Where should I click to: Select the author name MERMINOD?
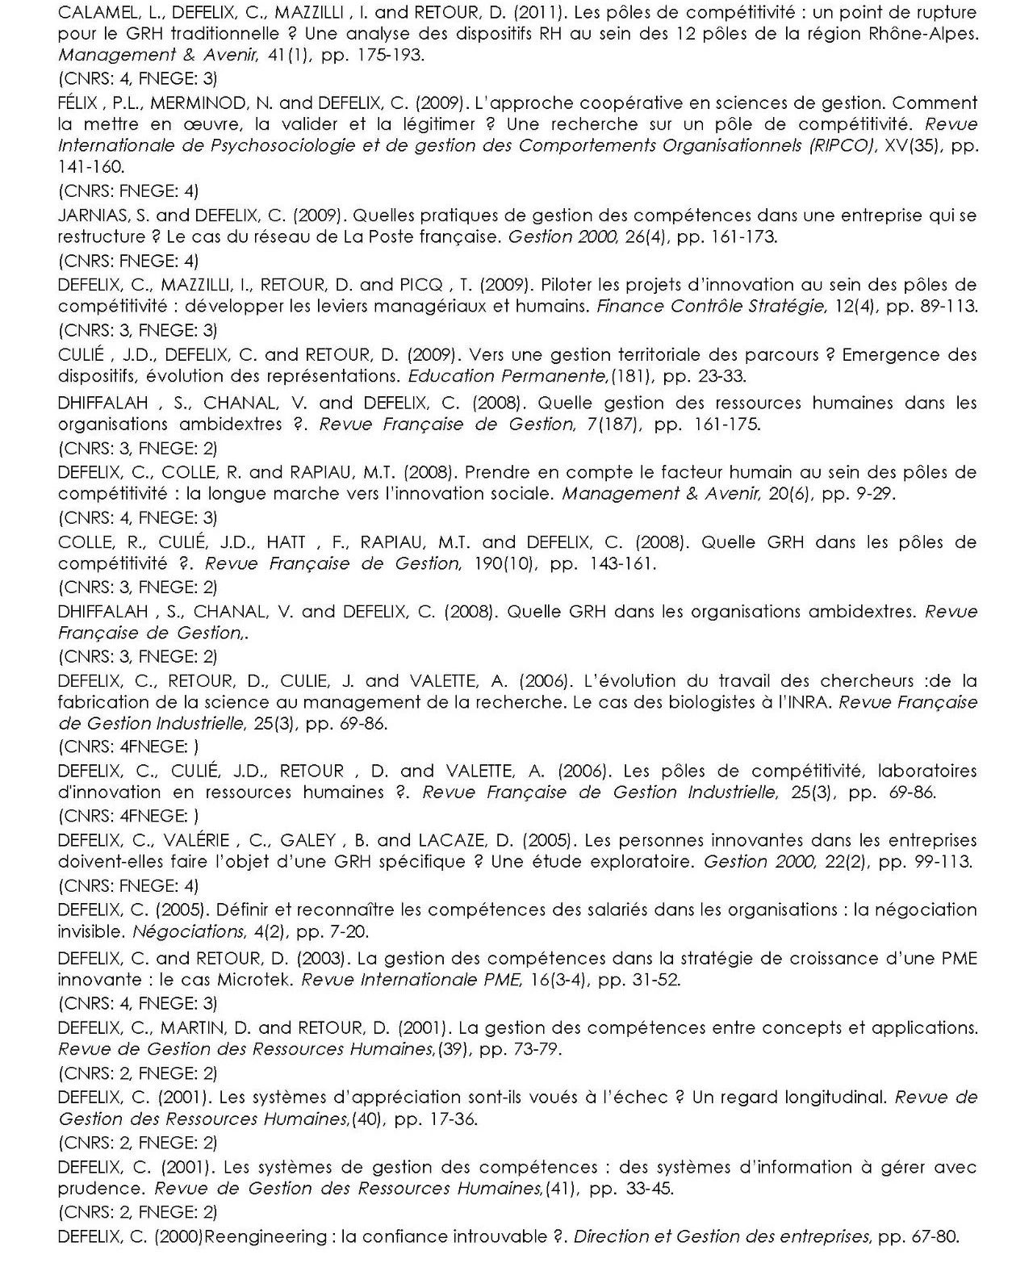click(199, 103)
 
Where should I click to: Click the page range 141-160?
click(91, 167)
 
